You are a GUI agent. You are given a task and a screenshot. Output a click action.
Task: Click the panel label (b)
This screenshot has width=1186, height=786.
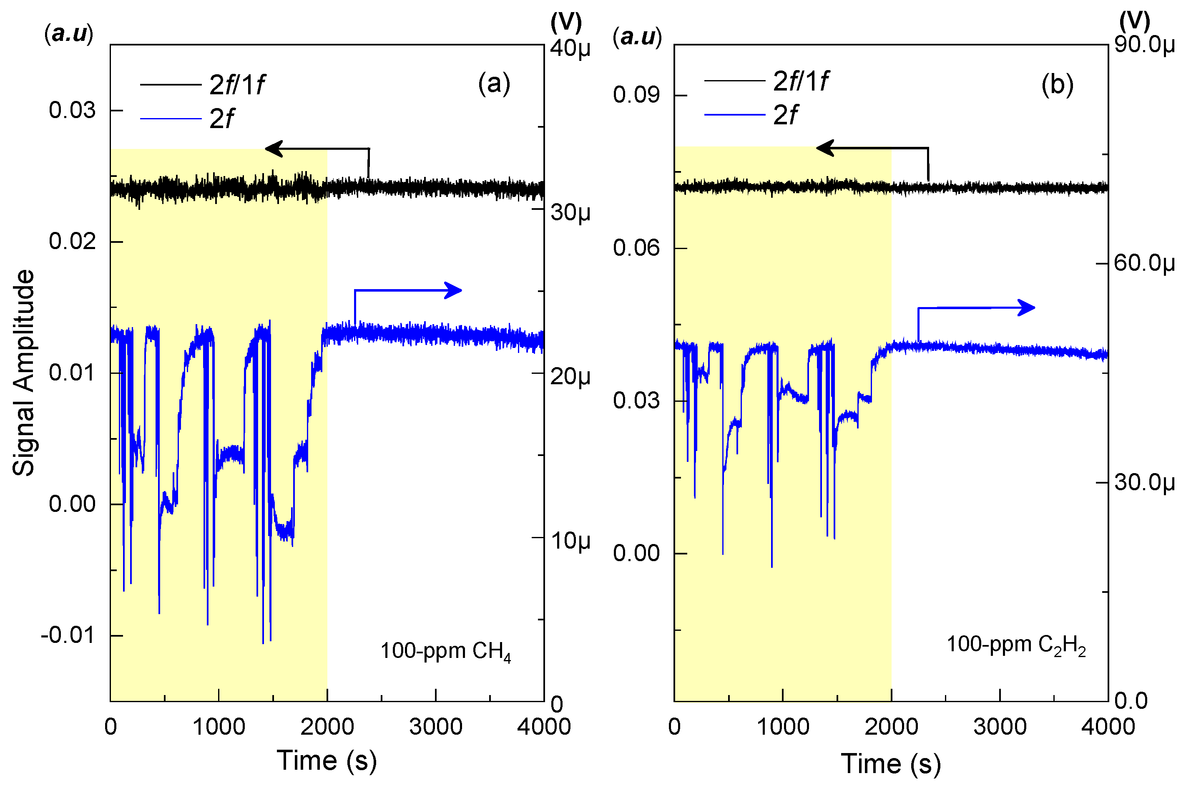pos(1057,84)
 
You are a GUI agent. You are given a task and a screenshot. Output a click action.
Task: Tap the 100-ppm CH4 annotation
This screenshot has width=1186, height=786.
pos(445,651)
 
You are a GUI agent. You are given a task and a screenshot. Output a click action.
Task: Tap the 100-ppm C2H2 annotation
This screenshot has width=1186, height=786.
pos(1015,645)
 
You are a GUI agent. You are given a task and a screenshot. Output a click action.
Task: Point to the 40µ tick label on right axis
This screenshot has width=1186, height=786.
pos(570,49)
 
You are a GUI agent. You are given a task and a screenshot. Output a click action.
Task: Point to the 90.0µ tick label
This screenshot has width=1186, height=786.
pos(1144,45)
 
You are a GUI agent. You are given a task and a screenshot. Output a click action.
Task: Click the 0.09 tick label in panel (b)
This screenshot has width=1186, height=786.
pos(636,95)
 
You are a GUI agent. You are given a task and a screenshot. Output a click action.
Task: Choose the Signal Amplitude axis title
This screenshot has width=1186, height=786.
pos(23,373)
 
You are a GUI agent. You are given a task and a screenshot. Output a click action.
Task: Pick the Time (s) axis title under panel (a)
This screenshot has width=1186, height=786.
pos(326,760)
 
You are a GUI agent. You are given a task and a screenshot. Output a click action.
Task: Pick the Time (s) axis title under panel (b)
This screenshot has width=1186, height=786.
pos(890,763)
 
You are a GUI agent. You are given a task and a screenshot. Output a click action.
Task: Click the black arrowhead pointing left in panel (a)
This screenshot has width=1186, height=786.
pos(274,149)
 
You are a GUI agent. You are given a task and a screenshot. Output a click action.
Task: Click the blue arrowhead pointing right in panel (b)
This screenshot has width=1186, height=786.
pos(1026,307)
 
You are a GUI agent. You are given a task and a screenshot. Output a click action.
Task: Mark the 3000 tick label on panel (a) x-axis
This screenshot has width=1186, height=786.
pos(435,726)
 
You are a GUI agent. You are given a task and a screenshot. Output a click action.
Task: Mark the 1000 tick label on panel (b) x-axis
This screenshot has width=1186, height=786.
pos(783,726)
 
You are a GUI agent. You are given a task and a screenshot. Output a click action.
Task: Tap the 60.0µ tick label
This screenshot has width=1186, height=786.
pos(1144,263)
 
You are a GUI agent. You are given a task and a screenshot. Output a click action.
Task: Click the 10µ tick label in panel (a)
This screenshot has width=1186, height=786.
pos(570,540)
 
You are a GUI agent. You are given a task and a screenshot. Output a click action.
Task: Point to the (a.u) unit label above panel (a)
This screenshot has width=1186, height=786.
pos(69,34)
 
